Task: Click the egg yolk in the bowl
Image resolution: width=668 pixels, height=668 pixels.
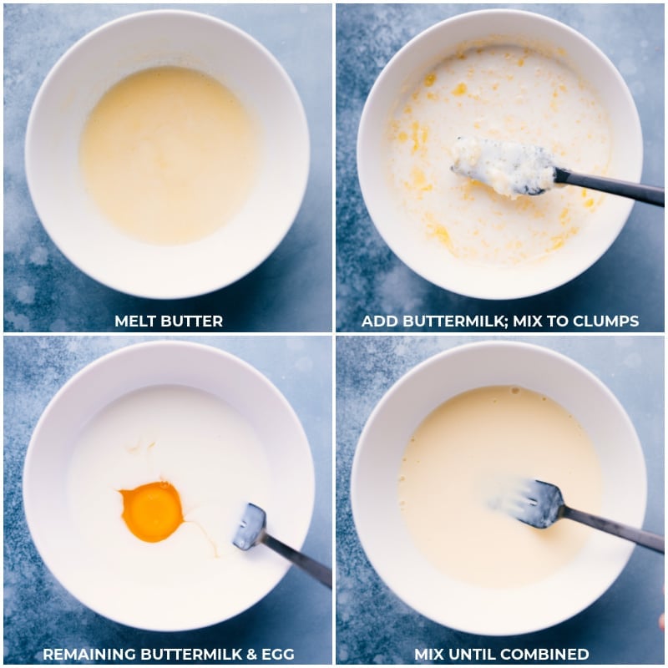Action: click(x=152, y=511)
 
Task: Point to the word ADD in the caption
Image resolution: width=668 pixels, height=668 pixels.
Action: click(x=377, y=321)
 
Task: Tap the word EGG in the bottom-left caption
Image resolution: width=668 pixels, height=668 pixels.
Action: click(x=276, y=655)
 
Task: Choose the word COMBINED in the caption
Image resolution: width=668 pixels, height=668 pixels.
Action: click(x=548, y=655)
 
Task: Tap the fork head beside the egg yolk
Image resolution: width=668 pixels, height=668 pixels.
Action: click(x=250, y=527)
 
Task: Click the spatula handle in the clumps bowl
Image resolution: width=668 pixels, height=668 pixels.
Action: click(x=610, y=187)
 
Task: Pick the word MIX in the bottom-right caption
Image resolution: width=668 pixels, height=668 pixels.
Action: click(x=433, y=655)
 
